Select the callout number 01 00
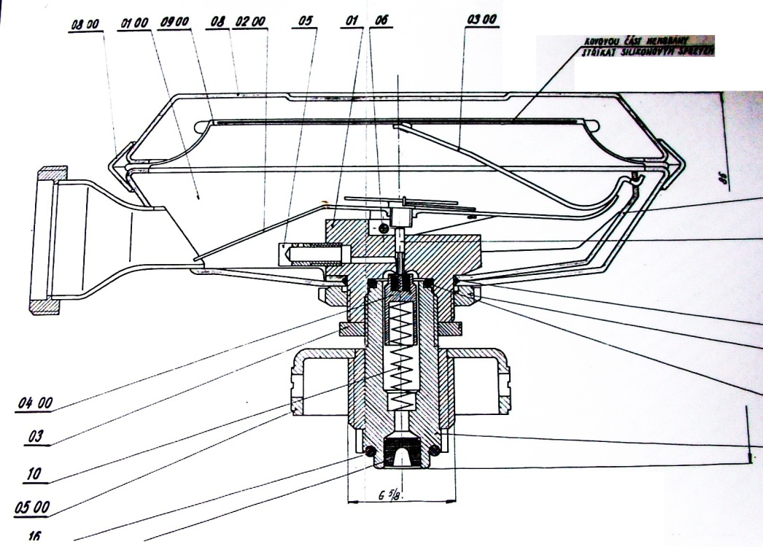point(133,23)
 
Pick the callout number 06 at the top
point(379,23)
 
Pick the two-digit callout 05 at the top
point(307,23)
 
